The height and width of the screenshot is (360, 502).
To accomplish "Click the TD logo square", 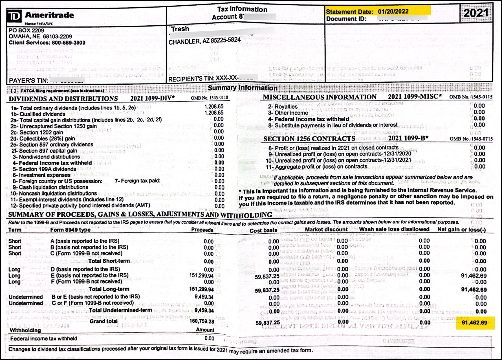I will point(14,16).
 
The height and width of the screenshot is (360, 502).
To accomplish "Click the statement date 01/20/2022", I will point(393,12).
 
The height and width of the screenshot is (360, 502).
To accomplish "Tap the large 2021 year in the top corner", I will point(476,13).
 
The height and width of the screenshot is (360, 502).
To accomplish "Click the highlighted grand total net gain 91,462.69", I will point(474,323).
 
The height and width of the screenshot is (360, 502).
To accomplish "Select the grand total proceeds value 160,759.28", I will point(202,321).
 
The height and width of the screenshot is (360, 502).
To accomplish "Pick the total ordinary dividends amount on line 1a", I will point(214,107).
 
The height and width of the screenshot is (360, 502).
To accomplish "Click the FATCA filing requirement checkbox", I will point(13,91).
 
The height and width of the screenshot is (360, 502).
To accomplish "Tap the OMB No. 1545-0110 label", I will point(209,98).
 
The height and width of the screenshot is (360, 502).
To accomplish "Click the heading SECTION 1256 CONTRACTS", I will point(309,139).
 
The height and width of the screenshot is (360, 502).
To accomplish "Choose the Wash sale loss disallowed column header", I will point(394,229).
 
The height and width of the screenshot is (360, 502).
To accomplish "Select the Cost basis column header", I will point(263,231).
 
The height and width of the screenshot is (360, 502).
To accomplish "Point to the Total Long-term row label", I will point(109,289).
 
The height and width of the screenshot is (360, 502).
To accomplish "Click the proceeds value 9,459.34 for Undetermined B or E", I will point(204,297).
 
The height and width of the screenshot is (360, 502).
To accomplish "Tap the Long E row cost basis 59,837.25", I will point(267,277).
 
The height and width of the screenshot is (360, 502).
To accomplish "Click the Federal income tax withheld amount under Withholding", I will point(209,338).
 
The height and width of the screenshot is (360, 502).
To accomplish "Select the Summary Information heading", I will point(243,88).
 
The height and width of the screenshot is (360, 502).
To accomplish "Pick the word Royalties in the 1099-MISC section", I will point(286,107).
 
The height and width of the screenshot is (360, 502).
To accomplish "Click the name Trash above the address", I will point(180,29).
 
